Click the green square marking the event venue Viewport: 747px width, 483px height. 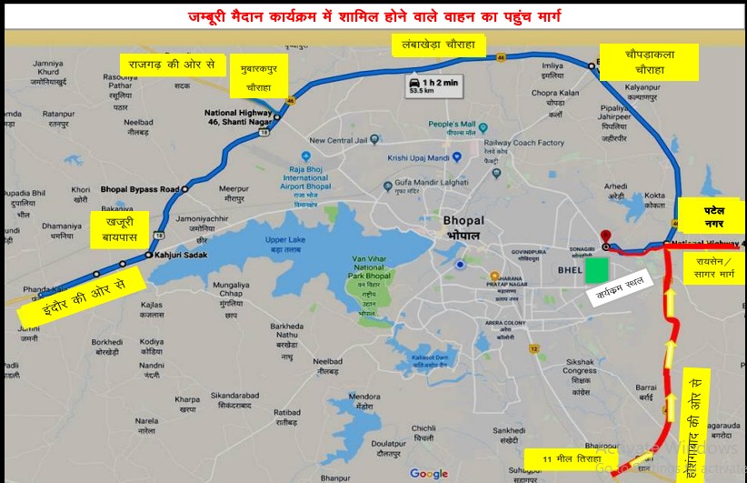tap(596, 270)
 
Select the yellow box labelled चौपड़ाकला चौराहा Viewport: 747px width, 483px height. tap(649, 61)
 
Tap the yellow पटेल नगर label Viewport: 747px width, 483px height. tap(712, 216)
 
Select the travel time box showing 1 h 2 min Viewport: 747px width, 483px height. tap(433, 87)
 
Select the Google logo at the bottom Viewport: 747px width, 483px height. tap(429, 473)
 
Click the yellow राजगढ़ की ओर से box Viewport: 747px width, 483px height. tap(172, 65)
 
